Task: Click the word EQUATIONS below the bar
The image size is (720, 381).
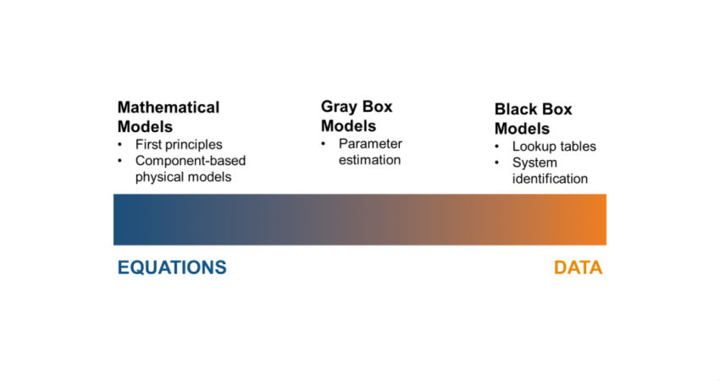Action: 172,268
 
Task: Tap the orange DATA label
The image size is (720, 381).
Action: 578,268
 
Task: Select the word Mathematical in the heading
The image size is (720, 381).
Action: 169,108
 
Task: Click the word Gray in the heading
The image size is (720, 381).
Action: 339,107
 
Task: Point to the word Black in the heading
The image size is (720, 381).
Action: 516,109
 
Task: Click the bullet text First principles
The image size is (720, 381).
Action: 179,145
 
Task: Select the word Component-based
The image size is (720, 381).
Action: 191,161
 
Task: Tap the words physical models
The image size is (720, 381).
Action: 183,177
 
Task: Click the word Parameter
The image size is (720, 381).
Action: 370,144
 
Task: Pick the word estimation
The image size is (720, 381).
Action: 369,160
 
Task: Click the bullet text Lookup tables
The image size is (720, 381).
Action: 554,146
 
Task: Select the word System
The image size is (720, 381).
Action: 534,163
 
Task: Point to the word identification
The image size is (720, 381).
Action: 550,179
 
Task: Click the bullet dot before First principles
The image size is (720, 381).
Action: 119,145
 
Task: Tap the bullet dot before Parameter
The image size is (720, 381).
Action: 324,144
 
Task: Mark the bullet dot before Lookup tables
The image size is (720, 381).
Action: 497,146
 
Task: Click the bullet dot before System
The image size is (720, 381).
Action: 497,163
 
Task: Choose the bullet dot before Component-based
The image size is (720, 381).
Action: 119,161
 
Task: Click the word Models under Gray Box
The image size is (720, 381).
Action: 348,126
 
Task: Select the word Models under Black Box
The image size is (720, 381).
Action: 522,129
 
